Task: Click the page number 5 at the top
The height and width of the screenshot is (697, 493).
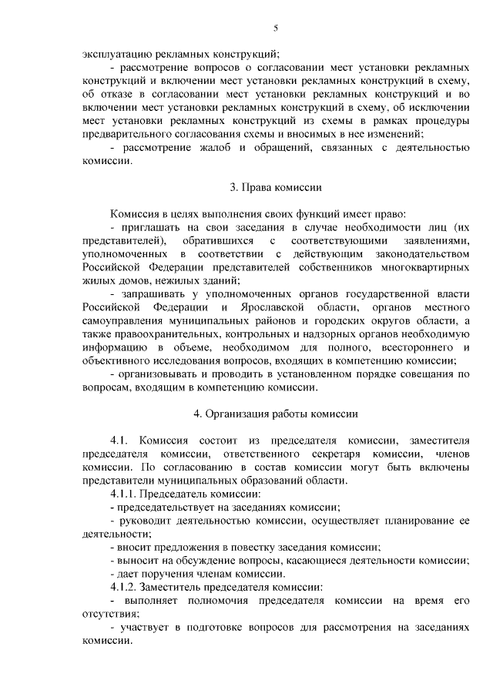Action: point(276,28)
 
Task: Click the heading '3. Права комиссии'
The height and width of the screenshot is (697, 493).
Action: point(276,187)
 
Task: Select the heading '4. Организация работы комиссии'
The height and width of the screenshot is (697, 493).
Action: point(276,414)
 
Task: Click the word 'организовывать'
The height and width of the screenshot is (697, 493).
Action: point(163,374)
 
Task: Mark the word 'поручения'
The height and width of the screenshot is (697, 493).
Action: point(166,574)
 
